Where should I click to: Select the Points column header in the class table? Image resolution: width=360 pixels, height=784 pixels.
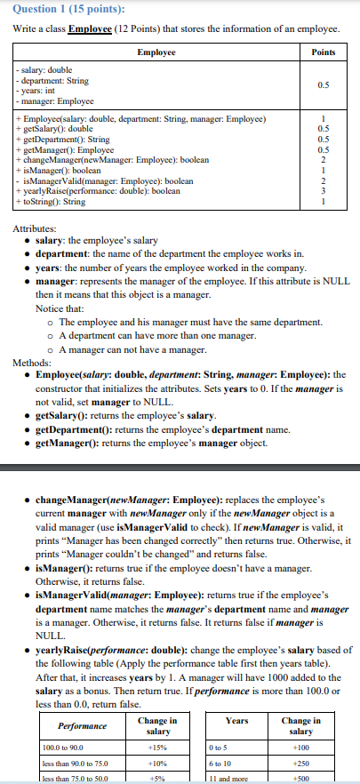324,52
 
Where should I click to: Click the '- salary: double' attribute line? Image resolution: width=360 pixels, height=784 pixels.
44,69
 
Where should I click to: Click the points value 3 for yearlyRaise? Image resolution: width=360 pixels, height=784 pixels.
324,191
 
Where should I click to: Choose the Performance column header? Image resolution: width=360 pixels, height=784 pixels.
84,725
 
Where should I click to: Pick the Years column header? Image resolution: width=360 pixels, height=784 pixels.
237,720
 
